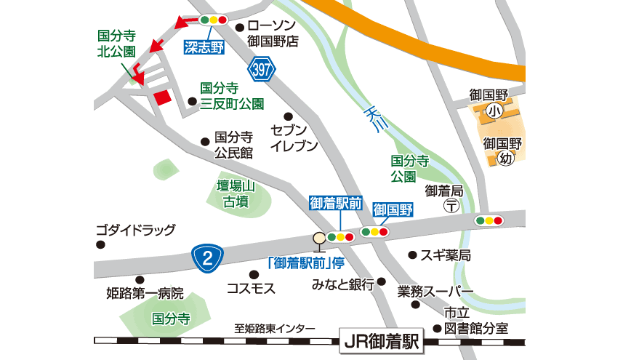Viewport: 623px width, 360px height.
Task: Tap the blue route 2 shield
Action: [207, 257]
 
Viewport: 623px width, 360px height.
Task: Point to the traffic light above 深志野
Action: [214, 20]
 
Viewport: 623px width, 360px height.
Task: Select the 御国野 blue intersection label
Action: [393, 210]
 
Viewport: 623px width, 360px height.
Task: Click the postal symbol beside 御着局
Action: [452, 207]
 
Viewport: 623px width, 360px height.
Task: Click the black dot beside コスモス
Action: [254, 274]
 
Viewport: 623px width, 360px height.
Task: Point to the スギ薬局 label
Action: [445, 255]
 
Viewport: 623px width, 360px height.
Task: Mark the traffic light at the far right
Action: [489, 220]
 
